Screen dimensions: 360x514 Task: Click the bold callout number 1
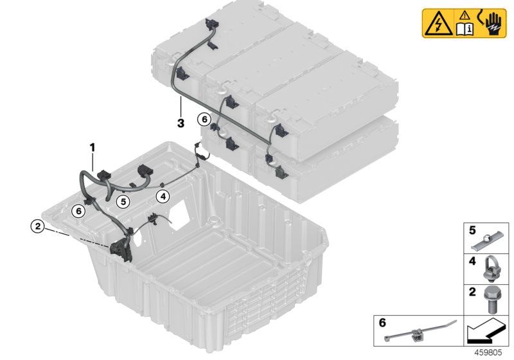[93, 147]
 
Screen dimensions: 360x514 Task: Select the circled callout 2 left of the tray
[38, 226]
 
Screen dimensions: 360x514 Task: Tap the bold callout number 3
[181, 121]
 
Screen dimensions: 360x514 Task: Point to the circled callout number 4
[163, 196]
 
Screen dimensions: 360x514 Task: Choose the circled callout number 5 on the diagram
[123, 201]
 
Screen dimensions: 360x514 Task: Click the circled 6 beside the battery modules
[204, 119]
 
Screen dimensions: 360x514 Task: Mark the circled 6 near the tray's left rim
[79, 210]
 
